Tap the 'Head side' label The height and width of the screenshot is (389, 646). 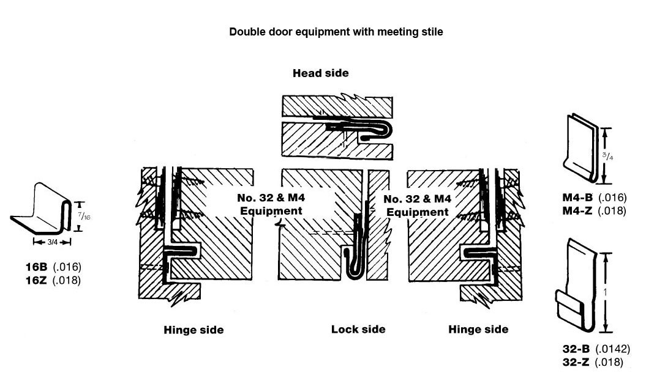coord(320,73)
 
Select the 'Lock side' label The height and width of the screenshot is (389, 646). coord(358,330)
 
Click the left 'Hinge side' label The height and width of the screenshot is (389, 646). coord(193,330)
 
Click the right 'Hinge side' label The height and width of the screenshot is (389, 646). coord(478,330)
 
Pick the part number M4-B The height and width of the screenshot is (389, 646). coord(577,198)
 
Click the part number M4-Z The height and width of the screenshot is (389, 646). coord(577,210)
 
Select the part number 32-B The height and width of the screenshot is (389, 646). coord(576,349)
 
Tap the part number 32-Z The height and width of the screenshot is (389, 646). coord(576,362)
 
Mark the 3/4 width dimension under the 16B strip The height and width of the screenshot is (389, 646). coord(52,242)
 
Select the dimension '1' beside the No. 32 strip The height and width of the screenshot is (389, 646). coord(606,293)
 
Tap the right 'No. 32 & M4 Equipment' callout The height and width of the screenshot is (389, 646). coord(417,206)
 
